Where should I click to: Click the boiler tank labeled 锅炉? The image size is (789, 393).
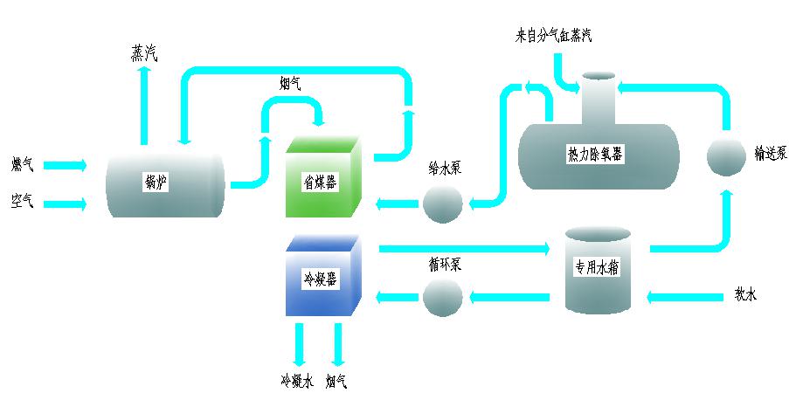click(x=164, y=183)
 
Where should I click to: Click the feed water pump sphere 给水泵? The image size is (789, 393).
click(x=442, y=204)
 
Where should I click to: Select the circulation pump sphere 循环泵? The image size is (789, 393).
click(x=442, y=298)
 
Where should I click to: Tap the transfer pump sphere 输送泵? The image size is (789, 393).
click(x=725, y=155)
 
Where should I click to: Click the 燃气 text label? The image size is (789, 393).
click(x=22, y=164)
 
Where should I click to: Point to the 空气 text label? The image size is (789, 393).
click(x=22, y=202)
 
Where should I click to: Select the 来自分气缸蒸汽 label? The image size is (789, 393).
click(x=554, y=36)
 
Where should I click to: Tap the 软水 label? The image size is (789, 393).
click(x=745, y=295)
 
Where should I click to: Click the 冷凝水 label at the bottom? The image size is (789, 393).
click(x=296, y=381)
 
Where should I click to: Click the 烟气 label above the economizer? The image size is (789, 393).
click(x=290, y=84)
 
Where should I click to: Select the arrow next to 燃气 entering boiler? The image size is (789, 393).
click(x=66, y=164)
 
